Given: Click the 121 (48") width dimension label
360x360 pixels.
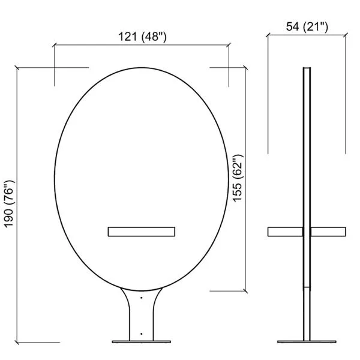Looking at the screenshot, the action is [142, 36].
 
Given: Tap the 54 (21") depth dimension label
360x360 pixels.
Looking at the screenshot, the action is [307, 26].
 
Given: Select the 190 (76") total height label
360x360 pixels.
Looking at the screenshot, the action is [10, 204].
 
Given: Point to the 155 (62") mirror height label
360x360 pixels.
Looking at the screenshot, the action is [238, 178].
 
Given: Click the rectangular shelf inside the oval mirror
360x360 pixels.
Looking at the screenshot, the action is [142, 232].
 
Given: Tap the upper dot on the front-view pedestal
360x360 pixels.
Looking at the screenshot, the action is [142, 298].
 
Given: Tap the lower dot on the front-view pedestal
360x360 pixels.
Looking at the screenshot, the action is [142, 334].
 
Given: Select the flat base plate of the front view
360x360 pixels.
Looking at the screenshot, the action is [142, 342].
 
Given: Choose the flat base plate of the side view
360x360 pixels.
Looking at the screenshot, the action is [307, 342].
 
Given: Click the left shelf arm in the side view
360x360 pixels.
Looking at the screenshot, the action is [285, 232].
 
